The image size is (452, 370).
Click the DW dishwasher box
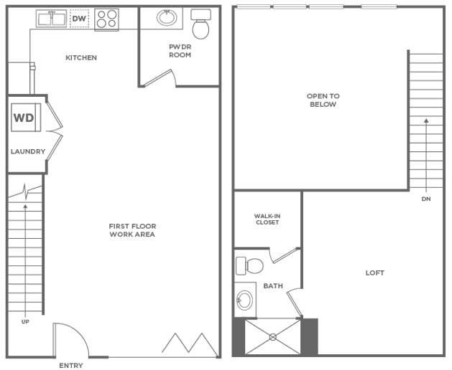[x=79, y=18]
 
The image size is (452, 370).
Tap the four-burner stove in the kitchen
[x=106, y=19]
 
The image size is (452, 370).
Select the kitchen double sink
[x=51, y=19]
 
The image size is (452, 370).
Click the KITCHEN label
[x=81, y=58]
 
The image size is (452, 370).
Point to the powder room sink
[x=168, y=17]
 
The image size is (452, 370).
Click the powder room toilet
[x=201, y=26]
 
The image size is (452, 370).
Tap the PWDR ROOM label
[x=179, y=51]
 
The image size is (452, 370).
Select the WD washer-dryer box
[x=24, y=118]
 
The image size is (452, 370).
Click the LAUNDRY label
[x=28, y=151]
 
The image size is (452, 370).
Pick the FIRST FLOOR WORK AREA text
[x=132, y=230]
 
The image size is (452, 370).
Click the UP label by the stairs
[x=25, y=321]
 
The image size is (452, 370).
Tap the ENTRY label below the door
[x=70, y=365]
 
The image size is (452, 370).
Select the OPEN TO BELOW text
[x=323, y=100]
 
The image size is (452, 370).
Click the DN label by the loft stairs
[x=425, y=199]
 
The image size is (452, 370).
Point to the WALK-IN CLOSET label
[x=267, y=219]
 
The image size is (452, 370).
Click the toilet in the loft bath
[x=250, y=265]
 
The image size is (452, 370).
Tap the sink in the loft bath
[x=246, y=299]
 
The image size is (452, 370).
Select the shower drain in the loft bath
[x=272, y=336]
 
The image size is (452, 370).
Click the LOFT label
[x=374, y=272]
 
